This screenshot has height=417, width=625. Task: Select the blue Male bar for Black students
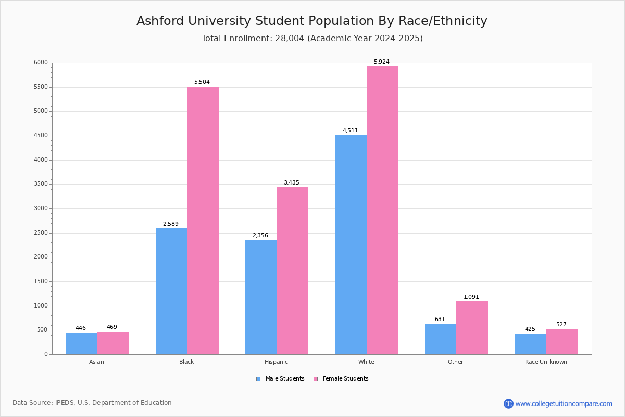coord(171,291)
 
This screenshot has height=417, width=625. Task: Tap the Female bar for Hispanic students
coord(292,271)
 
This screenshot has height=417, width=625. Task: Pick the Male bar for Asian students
coord(81,344)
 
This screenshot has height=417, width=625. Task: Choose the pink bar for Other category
coord(472,328)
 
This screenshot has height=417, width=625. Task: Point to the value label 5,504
coord(202,82)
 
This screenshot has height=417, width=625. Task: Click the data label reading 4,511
coord(350,131)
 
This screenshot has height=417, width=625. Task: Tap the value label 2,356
coord(260,236)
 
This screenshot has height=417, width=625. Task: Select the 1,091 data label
coord(471,297)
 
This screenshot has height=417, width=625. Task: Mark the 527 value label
coord(561,325)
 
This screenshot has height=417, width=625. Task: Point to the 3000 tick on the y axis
coord(41,208)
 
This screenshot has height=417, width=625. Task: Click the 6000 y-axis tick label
coord(41,63)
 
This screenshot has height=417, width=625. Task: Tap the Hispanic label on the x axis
coord(276,362)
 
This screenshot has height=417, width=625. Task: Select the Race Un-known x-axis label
coord(546,362)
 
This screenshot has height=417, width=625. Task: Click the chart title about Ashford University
coord(312,21)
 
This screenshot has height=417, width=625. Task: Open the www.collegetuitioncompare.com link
coord(564,403)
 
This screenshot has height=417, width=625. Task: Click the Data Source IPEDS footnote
coord(92,403)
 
